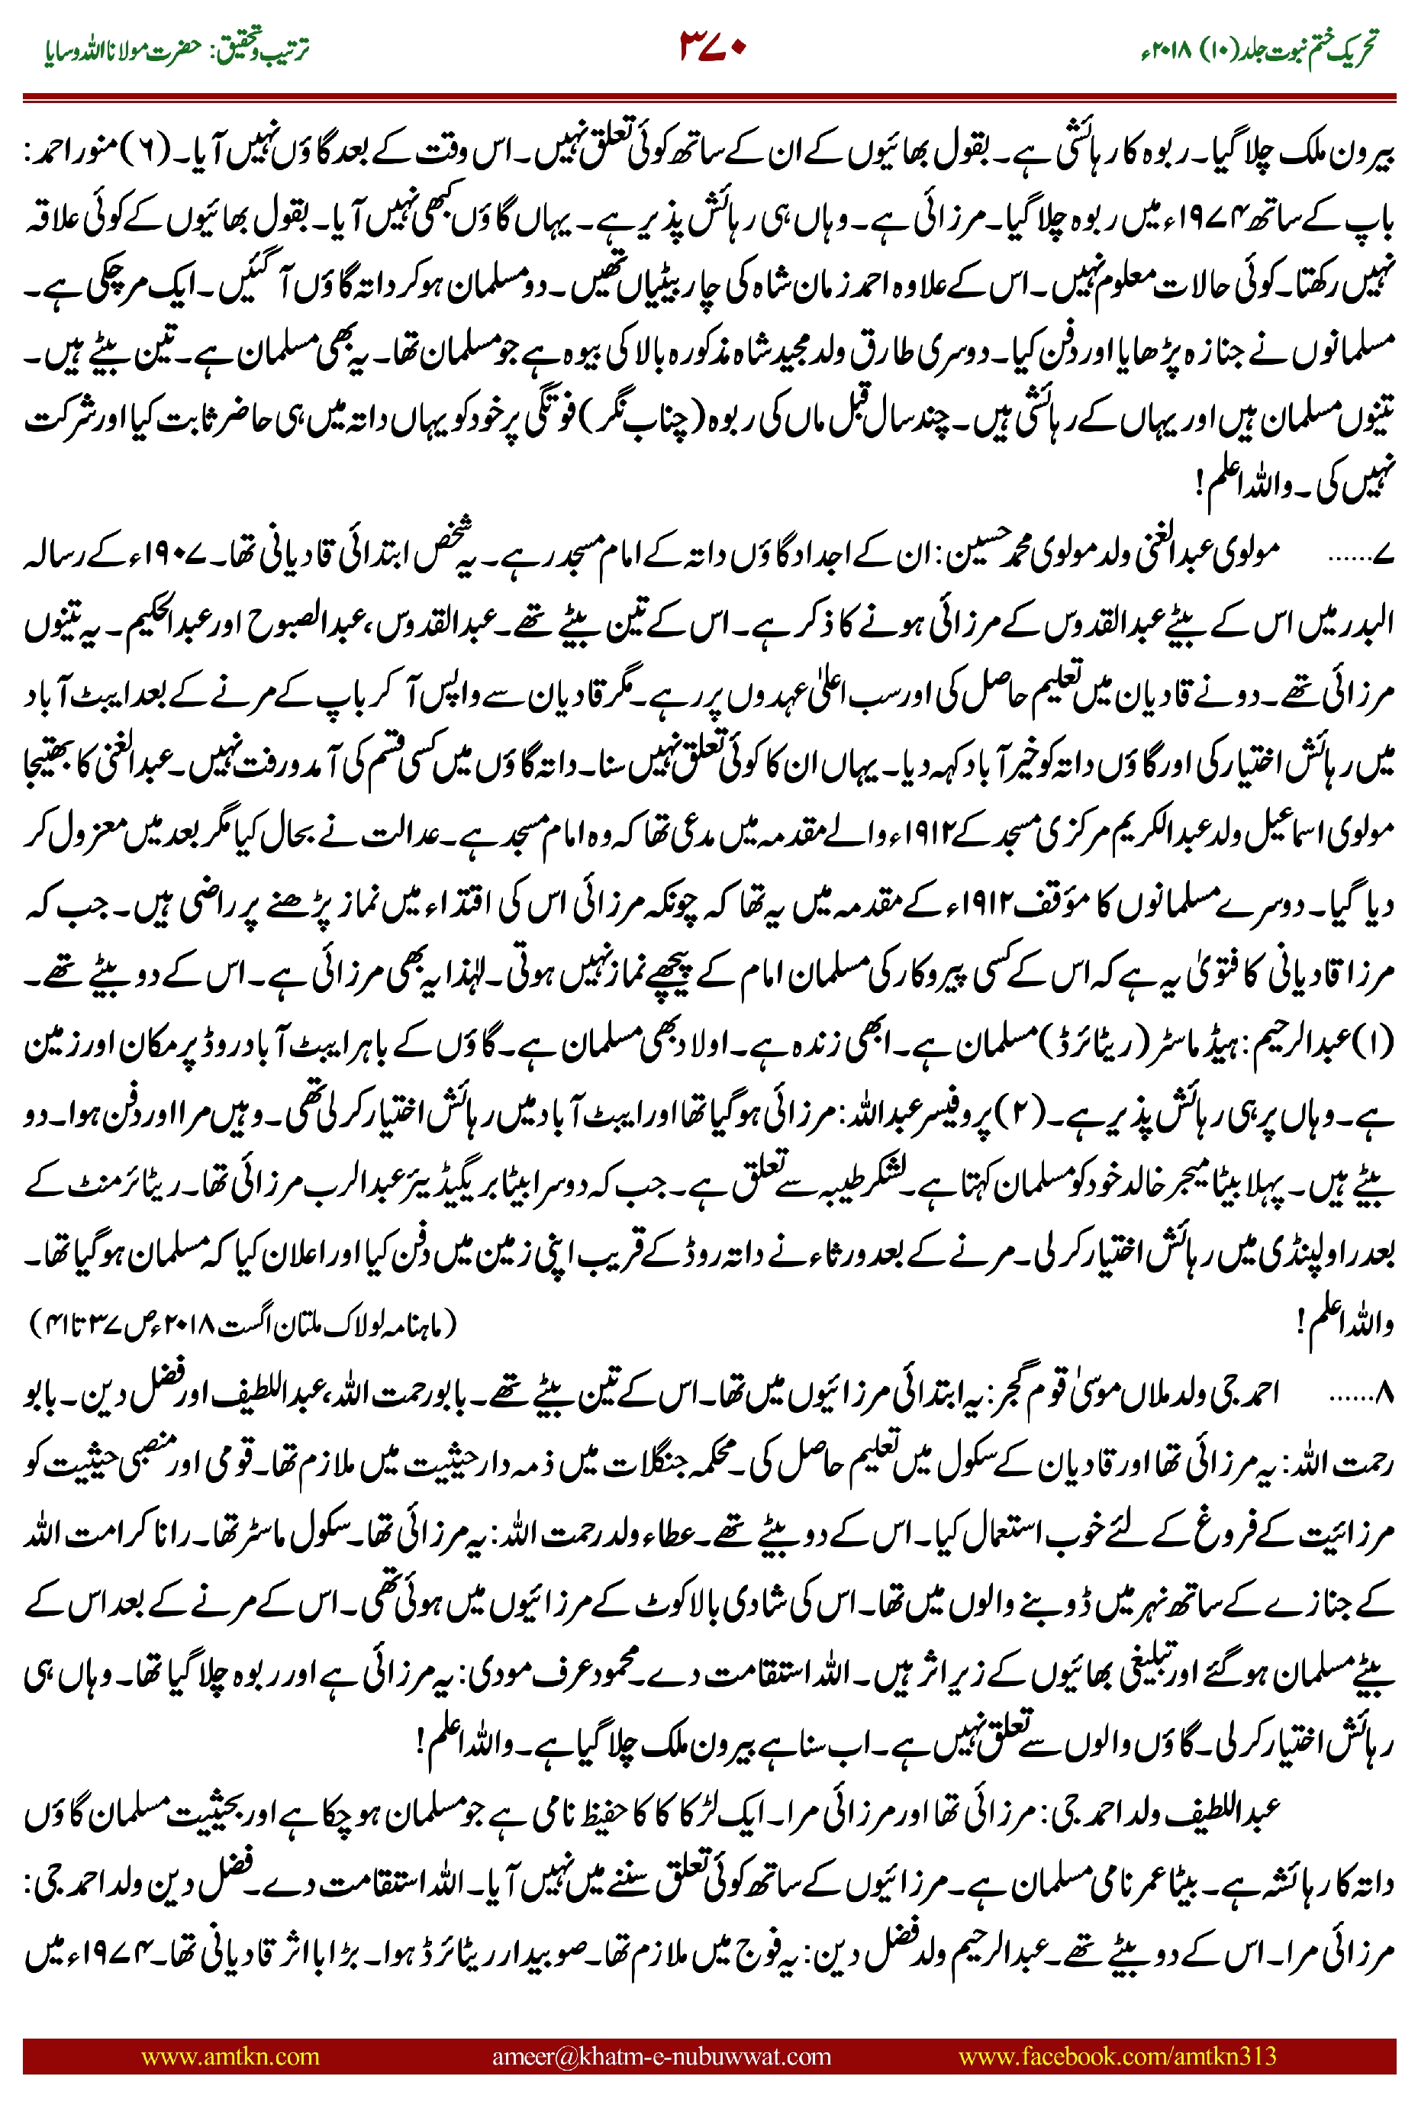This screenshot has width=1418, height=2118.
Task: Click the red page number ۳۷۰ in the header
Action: click(x=712, y=45)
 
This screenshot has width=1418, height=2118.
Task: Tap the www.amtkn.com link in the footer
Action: click(x=230, y=2056)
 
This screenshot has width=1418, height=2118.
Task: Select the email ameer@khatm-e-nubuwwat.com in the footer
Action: click(x=661, y=2056)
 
